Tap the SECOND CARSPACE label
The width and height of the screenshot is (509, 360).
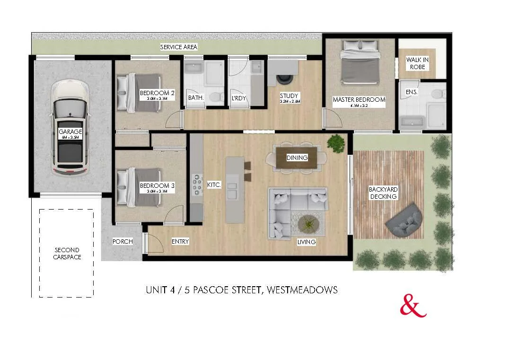pos(67,254)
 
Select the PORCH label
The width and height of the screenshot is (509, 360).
pos(122,242)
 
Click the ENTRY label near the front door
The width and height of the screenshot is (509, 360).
pos(180,242)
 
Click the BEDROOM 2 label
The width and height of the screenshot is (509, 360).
pos(157,93)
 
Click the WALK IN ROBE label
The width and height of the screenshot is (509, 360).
pos(418,63)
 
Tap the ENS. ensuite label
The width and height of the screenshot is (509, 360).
pos(412,92)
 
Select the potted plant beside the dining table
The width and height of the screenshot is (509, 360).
pos(336,143)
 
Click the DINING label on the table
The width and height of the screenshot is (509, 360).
pos(297,158)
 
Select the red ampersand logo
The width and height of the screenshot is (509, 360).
pos(413,307)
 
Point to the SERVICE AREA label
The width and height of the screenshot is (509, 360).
pos(178,47)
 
